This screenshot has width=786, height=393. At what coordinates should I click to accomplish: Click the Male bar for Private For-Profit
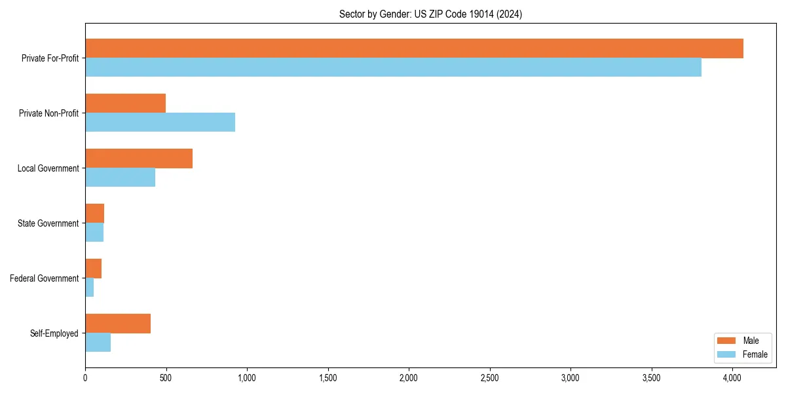(x=414, y=48)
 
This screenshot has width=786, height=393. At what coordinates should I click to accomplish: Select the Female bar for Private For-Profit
(x=393, y=67)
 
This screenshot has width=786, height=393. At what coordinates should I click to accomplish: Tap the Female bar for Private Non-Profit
(x=160, y=122)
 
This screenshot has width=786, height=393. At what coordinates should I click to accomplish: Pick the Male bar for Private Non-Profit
(x=125, y=103)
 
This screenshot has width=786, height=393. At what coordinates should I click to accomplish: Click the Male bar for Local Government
(x=139, y=159)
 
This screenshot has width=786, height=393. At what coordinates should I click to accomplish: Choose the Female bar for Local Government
(x=120, y=178)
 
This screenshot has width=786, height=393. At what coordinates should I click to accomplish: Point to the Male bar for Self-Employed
(x=118, y=324)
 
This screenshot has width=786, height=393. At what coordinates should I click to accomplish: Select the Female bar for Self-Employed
(x=98, y=343)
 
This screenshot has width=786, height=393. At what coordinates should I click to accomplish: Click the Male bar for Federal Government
(x=93, y=269)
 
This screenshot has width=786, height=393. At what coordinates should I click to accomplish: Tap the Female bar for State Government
(x=94, y=233)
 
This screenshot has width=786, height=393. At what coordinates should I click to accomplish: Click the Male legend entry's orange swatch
(x=727, y=341)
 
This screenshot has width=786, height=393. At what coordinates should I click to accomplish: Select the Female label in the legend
(x=755, y=354)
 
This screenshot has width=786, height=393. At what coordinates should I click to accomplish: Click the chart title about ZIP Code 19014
(x=430, y=14)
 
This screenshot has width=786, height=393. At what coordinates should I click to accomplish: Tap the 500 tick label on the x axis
(x=166, y=378)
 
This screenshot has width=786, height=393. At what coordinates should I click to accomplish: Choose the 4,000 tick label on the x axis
(x=732, y=378)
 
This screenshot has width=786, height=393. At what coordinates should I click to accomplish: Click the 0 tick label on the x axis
(x=85, y=378)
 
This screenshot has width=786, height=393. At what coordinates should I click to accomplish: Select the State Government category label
(x=48, y=223)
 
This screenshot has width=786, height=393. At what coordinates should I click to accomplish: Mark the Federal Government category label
(x=45, y=278)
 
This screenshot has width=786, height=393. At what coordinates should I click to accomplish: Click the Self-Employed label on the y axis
(x=54, y=333)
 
